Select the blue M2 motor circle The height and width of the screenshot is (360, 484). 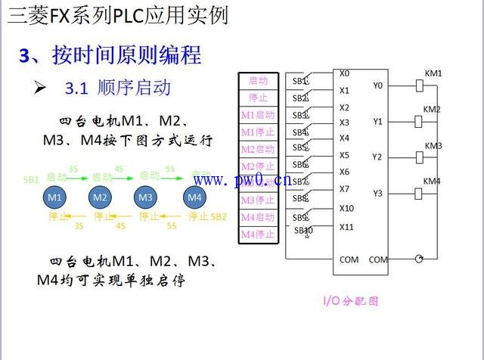click(100, 197)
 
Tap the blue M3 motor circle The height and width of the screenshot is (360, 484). click(147, 197)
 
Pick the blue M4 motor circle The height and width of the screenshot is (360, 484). click(194, 197)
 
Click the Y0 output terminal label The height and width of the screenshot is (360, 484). click(378, 85)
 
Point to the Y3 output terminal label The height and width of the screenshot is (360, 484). click(378, 194)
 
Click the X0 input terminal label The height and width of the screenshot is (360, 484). click(344, 74)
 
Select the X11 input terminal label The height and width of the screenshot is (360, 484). click(346, 226)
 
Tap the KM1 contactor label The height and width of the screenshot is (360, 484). click(433, 73)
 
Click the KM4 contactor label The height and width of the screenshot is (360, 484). click(432, 182)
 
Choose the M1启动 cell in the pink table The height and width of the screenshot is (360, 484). click(258, 115)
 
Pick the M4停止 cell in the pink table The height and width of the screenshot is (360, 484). click(258, 234)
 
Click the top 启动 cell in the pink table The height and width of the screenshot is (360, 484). click(258, 80)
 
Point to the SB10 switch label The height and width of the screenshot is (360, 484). click(303, 230)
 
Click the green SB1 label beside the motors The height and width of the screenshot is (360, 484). click(31, 181)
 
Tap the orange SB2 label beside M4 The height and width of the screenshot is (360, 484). click(218, 216)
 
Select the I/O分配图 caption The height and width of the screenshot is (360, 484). click(350, 300)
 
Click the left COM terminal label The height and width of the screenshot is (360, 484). click(349, 259)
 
